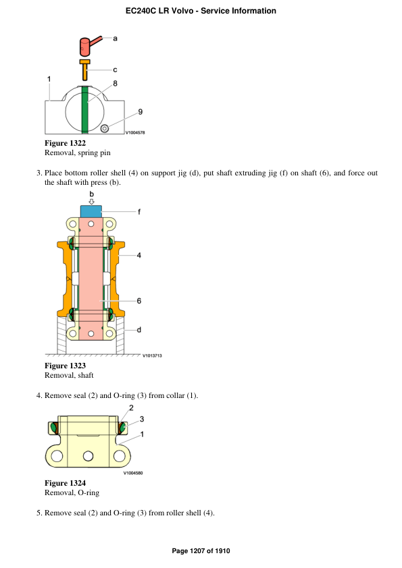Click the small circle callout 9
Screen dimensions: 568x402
pyautogui.click(x=105, y=128)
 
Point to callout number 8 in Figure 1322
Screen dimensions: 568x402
pyautogui.click(x=115, y=83)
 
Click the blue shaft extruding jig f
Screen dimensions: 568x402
pyautogui.click(x=91, y=211)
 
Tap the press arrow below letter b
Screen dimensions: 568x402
pyautogui.click(x=91, y=201)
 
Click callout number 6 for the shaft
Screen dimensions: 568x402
pyautogui.click(x=139, y=301)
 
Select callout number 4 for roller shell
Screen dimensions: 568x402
pyautogui.click(x=139, y=255)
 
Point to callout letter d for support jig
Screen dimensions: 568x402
pyautogui.click(x=139, y=330)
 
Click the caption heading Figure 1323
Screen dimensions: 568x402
pyautogui.click(x=65, y=366)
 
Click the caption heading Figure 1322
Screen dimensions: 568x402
pyautogui.click(x=65, y=143)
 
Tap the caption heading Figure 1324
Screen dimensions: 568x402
pyautogui.click(x=65, y=483)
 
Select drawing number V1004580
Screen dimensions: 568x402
pyautogui.click(x=133, y=473)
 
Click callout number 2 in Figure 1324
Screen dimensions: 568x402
pyautogui.click(x=131, y=407)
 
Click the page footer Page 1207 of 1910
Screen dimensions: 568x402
pyautogui.click(x=201, y=551)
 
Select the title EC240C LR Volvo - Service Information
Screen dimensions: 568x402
pyautogui.click(x=201, y=11)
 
